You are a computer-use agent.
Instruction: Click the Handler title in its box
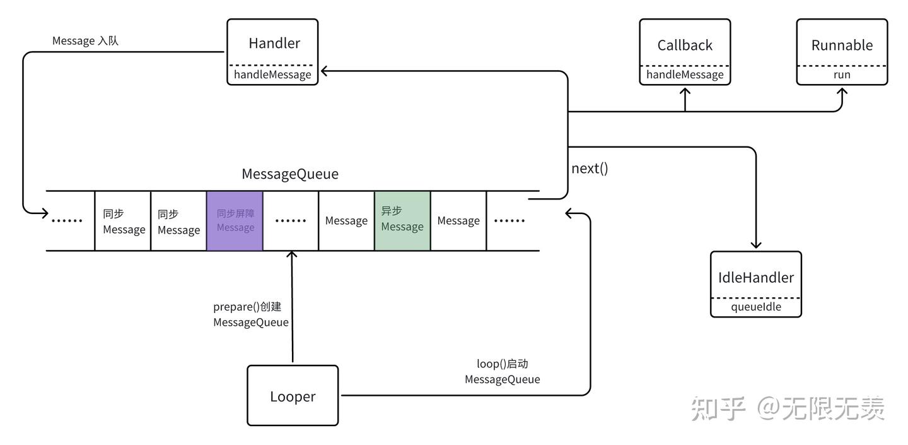point(274,43)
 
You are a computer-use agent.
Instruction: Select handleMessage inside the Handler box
point(272,74)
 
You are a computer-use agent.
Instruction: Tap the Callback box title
point(685,45)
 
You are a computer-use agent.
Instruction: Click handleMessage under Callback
point(685,74)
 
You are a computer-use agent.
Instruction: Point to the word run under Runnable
point(842,74)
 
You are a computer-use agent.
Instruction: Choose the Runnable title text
point(842,45)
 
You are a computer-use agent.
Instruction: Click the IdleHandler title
point(755,277)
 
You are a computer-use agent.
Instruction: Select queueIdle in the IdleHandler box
point(755,307)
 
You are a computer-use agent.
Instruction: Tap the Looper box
point(293,396)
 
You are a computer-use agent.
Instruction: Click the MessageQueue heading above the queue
point(290,174)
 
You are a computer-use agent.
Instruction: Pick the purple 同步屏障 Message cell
point(235,220)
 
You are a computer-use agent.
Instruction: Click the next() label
point(590,169)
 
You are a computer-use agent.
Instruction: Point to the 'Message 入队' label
point(85,41)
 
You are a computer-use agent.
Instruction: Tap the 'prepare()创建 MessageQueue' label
point(250,314)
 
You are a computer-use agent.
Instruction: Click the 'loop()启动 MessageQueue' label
point(502,372)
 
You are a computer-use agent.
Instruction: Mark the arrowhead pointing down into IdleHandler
point(755,245)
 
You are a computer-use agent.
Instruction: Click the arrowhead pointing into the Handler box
point(325,71)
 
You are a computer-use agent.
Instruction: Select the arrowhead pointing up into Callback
point(685,92)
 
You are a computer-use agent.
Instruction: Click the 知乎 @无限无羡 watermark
point(788,408)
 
